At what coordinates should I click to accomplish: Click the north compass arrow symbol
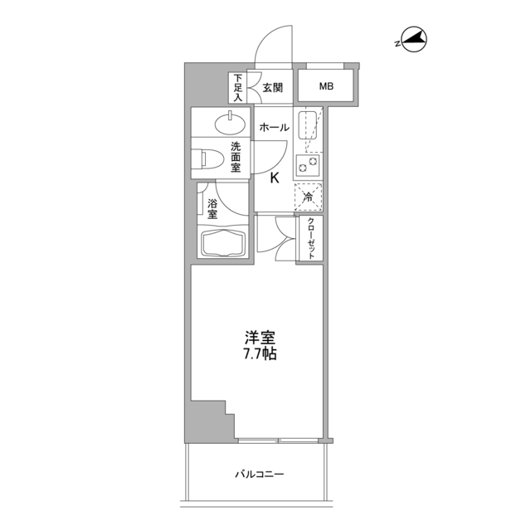point(413,38)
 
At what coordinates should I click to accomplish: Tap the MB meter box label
point(327,85)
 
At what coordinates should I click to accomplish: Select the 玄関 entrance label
point(273,86)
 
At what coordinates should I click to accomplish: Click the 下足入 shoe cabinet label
point(236,87)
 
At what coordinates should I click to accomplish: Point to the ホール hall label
point(274,128)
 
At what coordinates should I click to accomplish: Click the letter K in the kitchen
point(274,176)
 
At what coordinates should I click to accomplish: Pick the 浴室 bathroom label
point(212,207)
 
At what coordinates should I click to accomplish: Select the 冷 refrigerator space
point(308,197)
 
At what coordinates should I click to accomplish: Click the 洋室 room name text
point(260,339)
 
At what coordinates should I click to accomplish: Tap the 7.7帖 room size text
point(260,353)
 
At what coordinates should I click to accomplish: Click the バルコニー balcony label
point(259,475)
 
